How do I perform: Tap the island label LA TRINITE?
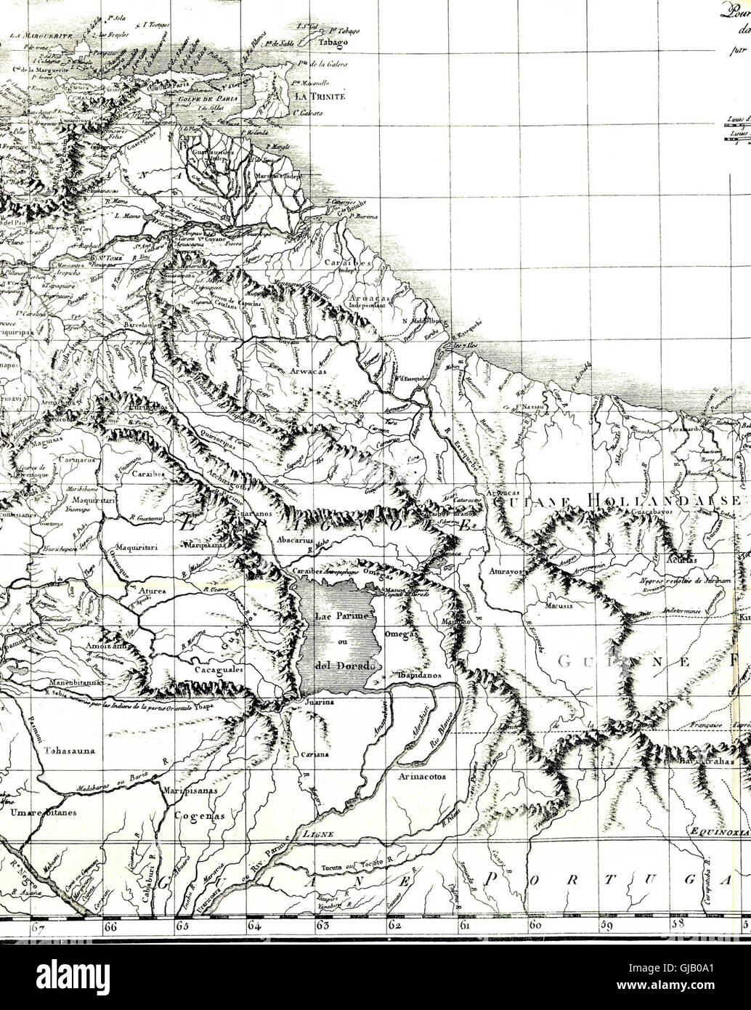tap(320, 96)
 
